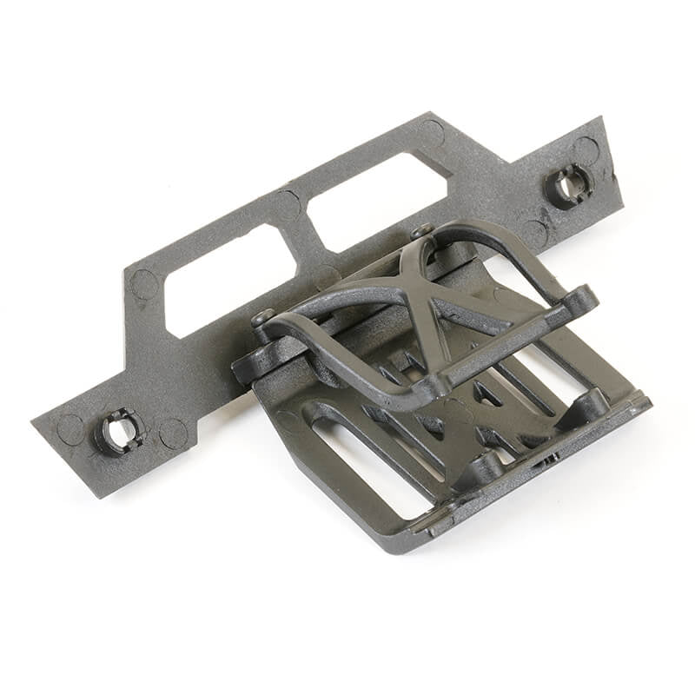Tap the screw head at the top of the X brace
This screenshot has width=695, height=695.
pyautogui.click(x=422, y=231)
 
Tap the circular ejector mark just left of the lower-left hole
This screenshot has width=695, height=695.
pyautogui.click(x=71, y=429)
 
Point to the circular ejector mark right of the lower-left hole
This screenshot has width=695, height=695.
pyautogui.click(x=173, y=432)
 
